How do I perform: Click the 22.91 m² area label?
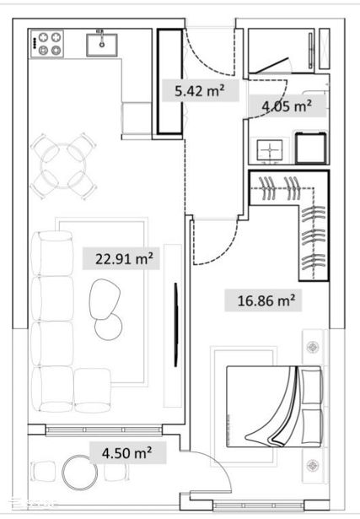[124, 258]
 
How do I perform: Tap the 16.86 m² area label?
[266, 301]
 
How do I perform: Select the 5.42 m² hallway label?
[200, 90]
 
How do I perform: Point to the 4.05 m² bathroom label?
[287, 106]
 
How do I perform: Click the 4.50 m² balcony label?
[127, 453]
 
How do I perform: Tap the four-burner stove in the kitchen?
[47, 44]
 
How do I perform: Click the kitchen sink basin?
[102, 45]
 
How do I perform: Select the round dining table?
[62, 166]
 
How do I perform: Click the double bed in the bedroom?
[273, 407]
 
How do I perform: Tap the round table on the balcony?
[80, 473]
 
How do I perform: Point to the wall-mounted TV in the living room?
[176, 325]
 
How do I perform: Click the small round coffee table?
[108, 327]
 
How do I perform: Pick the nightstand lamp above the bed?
[313, 347]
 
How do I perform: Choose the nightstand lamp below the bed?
[313, 465]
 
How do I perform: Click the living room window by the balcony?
[104, 430]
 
